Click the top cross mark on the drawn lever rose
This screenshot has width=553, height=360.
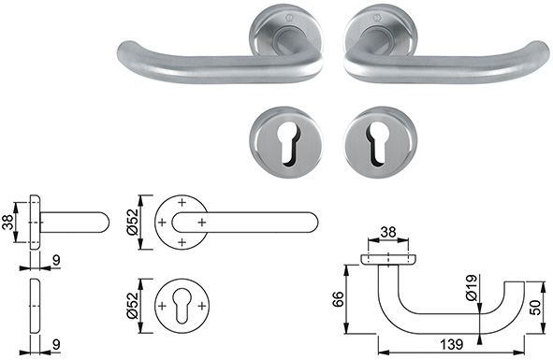pos(182,204)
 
